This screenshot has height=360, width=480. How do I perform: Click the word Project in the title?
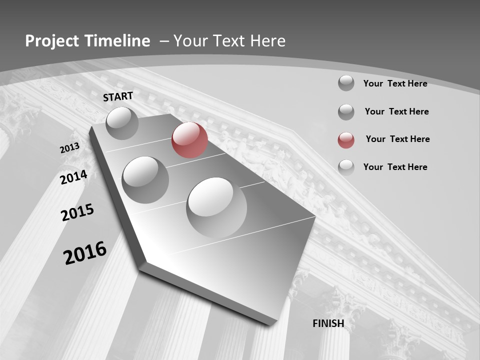[x=51, y=41]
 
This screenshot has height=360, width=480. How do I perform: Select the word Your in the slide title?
[x=189, y=41]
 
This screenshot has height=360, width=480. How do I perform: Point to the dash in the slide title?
[x=164, y=41]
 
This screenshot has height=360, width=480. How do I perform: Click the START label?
[x=118, y=96]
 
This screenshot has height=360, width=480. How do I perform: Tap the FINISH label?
[x=328, y=323]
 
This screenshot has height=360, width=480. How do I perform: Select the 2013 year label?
[x=69, y=148]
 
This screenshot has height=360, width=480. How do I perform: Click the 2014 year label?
[x=74, y=177]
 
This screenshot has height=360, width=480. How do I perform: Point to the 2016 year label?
[x=85, y=253]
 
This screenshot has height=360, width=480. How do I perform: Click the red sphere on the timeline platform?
[x=189, y=140]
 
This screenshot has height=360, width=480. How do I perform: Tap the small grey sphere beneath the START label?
[x=122, y=123]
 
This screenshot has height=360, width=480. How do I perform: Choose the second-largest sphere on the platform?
[x=145, y=179]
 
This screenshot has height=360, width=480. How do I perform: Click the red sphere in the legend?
[x=346, y=140]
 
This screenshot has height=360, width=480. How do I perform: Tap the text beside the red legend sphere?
[x=397, y=139]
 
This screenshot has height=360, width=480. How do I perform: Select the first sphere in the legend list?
[x=346, y=83]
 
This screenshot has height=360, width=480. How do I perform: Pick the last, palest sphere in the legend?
[x=346, y=167]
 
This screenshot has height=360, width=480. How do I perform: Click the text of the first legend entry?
[x=395, y=83]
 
